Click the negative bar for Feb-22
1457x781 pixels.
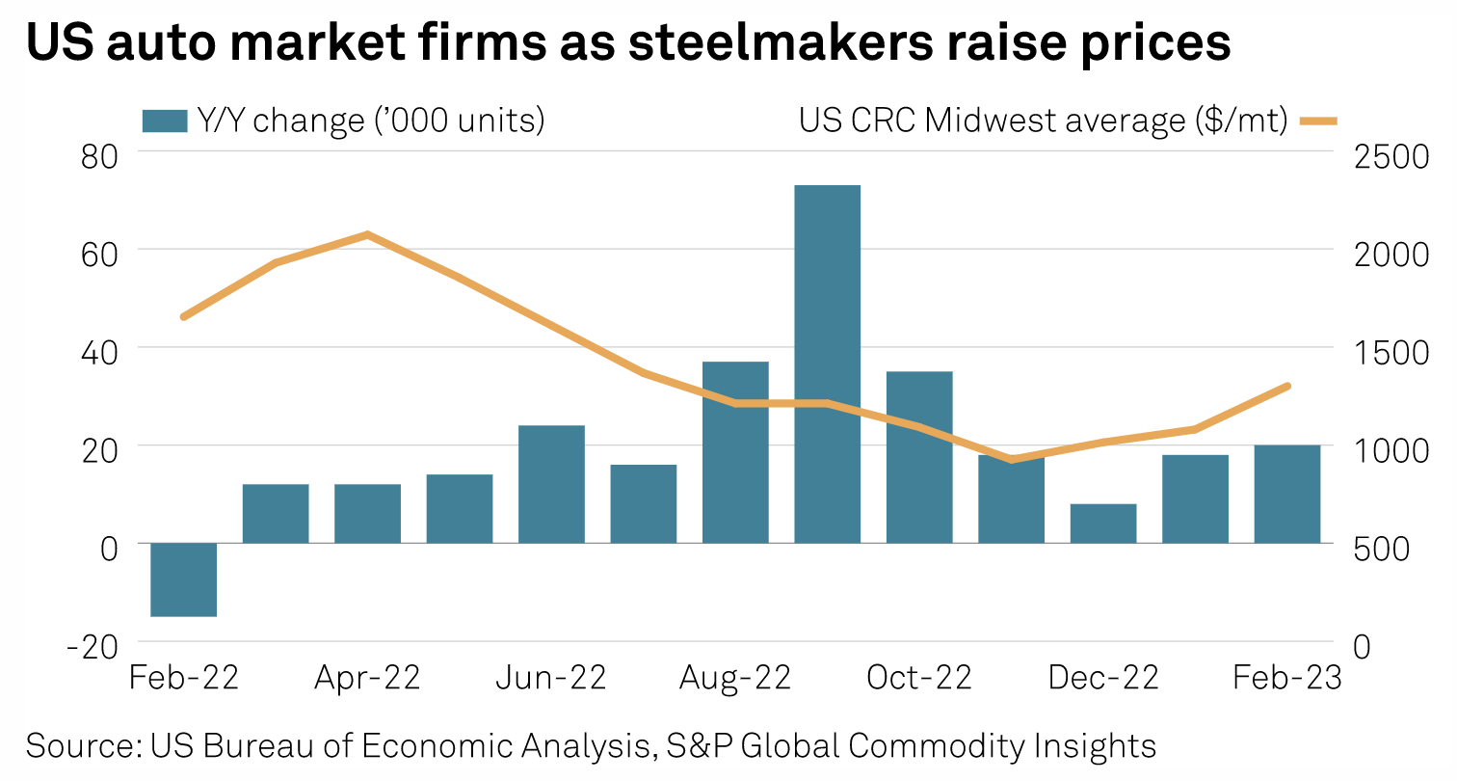pyautogui.click(x=184, y=579)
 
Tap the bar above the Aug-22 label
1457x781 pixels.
pyautogui.click(x=735, y=452)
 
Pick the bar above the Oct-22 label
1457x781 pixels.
pyautogui.click(x=919, y=457)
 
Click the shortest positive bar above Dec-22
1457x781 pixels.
pyautogui.click(x=1103, y=524)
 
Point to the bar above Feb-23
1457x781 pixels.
pyautogui.click(x=1287, y=494)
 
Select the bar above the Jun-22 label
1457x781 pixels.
pyautogui.click(x=551, y=484)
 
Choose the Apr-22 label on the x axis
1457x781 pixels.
pyautogui.click(x=367, y=678)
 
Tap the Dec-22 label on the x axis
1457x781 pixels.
pyautogui.click(x=1103, y=678)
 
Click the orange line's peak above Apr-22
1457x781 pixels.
pyautogui.click(x=367, y=233)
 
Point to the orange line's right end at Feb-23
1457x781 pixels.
pyautogui.click(x=1287, y=386)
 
